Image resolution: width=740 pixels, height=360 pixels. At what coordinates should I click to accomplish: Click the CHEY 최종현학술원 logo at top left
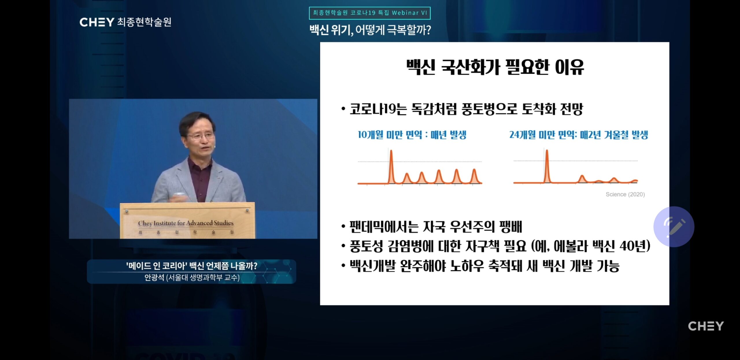click(x=125, y=22)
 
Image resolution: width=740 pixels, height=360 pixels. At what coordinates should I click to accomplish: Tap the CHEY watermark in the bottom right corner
click(x=706, y=326)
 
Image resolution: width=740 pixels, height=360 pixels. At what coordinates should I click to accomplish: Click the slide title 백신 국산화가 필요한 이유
click(x=495, y=67)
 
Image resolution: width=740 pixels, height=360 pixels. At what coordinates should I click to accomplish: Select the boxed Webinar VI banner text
click(x=370, y=13)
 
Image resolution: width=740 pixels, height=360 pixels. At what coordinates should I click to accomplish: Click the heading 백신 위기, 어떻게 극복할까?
click(x=370, y=30)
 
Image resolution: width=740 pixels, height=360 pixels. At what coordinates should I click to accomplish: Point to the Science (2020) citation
click(x=625, y=194)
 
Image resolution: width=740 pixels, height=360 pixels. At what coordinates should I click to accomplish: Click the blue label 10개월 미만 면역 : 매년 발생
click(x=412, y=135)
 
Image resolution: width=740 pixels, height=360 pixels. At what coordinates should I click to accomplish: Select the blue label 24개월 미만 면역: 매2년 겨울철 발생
click(x=579, y=135)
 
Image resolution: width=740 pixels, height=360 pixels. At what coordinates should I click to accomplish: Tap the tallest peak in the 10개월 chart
click(x=391, y=151)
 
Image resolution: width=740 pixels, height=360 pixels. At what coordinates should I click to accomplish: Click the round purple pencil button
click(x=674, y=227)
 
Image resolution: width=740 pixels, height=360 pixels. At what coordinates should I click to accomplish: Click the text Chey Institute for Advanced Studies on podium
click(x=186, y=223)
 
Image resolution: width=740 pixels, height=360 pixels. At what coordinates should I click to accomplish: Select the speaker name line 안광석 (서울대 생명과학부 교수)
click(x=192, y=278)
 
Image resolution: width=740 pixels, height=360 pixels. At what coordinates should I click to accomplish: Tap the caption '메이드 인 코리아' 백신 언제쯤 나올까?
click(x=192, y=266)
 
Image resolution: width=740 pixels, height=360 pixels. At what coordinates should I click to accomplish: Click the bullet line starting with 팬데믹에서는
click(x=432, y=227)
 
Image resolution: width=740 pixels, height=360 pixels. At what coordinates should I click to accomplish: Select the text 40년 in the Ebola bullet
click(x=634, y=246)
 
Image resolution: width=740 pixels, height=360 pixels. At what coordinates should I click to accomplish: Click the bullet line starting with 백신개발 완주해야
click(x=480, y=266)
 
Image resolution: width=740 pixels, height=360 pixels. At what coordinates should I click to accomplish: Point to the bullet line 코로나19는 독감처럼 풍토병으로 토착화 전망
click(x=462, y=109)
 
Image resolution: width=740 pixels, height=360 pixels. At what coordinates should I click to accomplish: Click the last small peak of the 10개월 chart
click(x=474, y=170)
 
